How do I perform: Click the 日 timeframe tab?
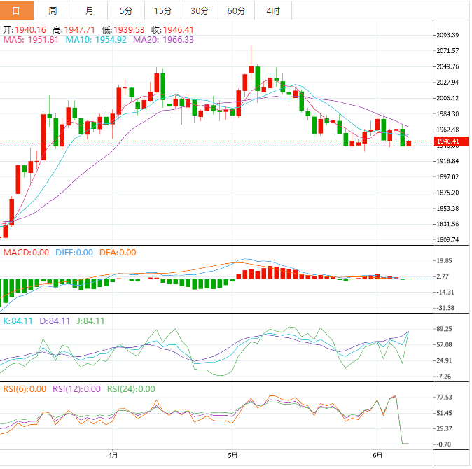tap(17, 10)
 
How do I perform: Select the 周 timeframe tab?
tap(53, 10)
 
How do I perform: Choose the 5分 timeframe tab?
tap(126, 10)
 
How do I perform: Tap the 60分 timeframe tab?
tap(236, 10)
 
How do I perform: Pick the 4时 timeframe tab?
tap(273, 10)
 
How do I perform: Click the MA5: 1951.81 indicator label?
tap(31, 40)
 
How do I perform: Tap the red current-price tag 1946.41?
tap(448, 142)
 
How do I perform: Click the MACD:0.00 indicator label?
tap(26, 253)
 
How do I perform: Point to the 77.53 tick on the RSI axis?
tap(445, 396)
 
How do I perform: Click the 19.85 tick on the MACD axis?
tap(445, 261)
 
